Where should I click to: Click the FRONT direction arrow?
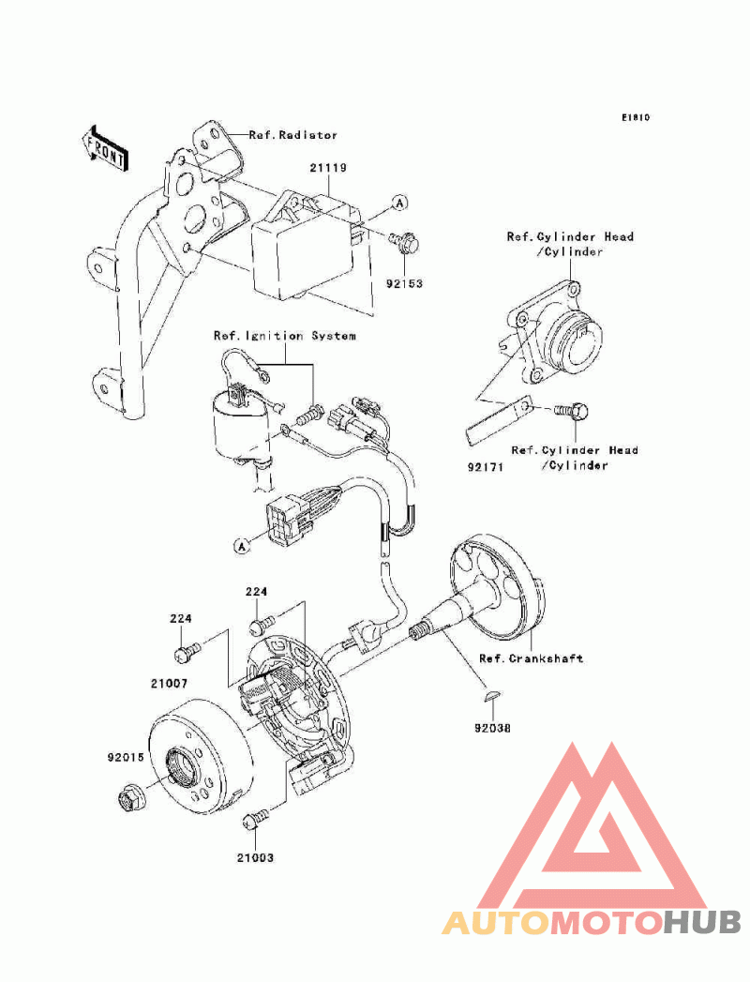[x=105, y=149]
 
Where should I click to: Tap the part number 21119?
[x=328, y=168]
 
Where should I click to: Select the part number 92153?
[x=404, y=283]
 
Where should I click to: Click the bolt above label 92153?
[x=404, y=242]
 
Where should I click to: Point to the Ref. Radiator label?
[x=293, y=135]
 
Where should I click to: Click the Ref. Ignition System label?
[x=285, y=336]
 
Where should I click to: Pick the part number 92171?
[x=486, y=466]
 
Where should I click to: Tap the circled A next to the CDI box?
[x=399, y=203]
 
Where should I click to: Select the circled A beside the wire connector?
[x=242, y=546]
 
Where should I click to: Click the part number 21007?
[x=169, y=684]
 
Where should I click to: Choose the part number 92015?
[x=126, y=757]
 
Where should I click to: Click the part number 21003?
[x=255, y=857]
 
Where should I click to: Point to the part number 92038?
[x=492, y=729]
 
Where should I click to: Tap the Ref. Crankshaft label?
[x=531, y=658]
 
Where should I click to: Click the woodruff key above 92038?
[x=491, y=695]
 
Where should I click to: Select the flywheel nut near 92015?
[x=131, y=797]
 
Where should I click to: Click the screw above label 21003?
[x=255, y=819]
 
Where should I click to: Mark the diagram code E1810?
[x=636, y=117]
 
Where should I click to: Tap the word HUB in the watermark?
[x=702, y=923]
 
